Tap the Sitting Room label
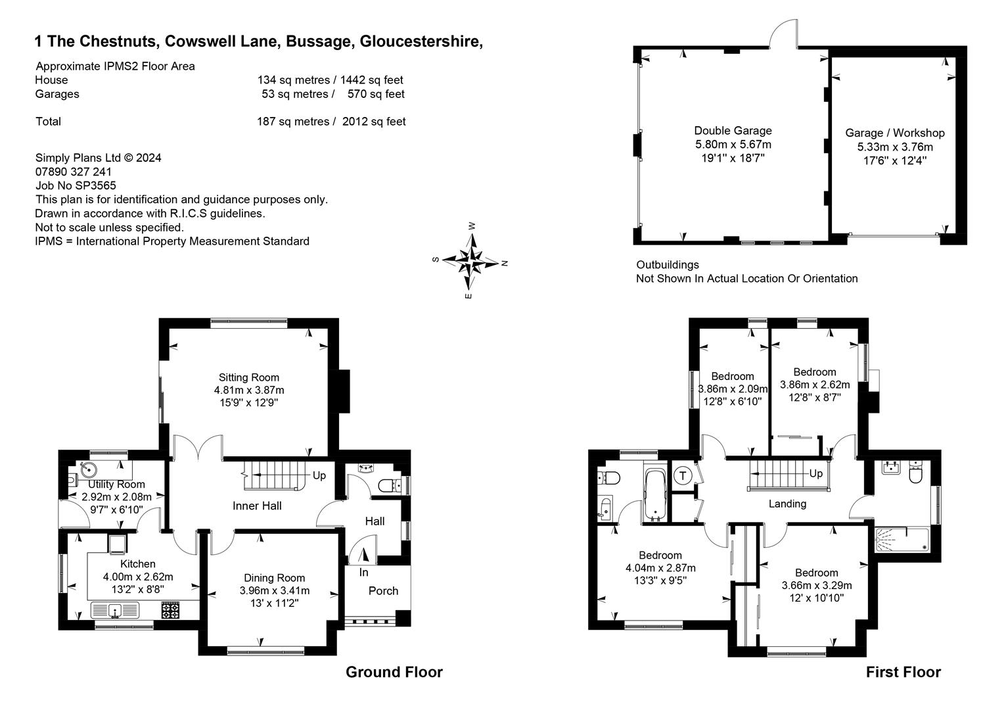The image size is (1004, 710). point(248,377)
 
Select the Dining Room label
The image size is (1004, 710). point(274,578)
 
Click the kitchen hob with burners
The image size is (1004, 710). point(171,611)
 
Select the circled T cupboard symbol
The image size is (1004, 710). point(683,475)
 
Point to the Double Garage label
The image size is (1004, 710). point(733,131)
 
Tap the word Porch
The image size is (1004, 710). point(383,590)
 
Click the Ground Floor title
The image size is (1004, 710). point(394,672)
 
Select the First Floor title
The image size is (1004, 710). point(903,672)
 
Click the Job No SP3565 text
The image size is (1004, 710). point(76,185)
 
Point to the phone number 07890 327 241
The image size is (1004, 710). point(74,172)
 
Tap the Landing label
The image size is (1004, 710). point(787,504)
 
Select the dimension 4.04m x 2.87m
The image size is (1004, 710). point(660,568)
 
